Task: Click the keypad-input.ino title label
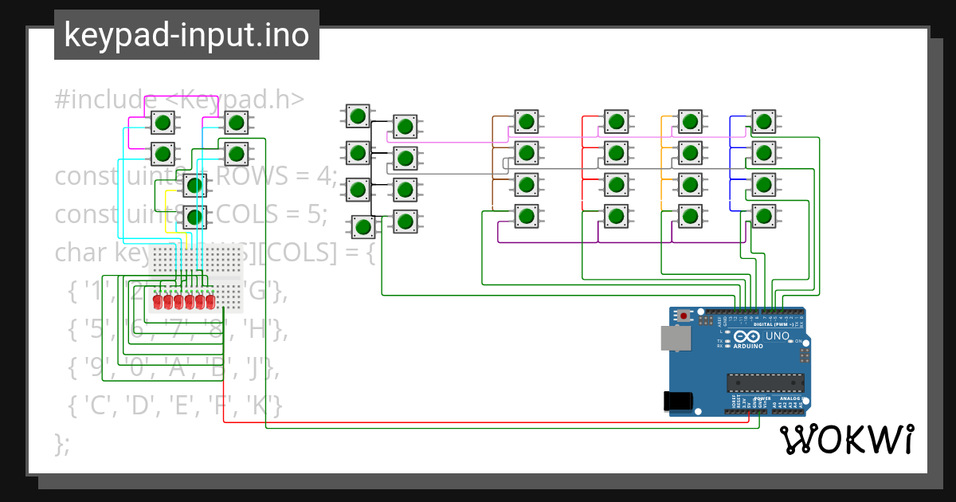point(186,35)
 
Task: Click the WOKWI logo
point(846,440)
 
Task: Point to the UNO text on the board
point(777,336)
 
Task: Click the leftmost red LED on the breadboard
point(159,303)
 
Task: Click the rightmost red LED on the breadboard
point(210,303)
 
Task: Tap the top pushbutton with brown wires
point(525,121)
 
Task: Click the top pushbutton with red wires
point(614,121)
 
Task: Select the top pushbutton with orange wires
point(689,121)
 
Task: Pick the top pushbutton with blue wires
point(764,121)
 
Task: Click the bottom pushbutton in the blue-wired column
point(764,215)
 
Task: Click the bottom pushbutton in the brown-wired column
point(525,215)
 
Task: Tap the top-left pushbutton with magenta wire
point(163,123)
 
